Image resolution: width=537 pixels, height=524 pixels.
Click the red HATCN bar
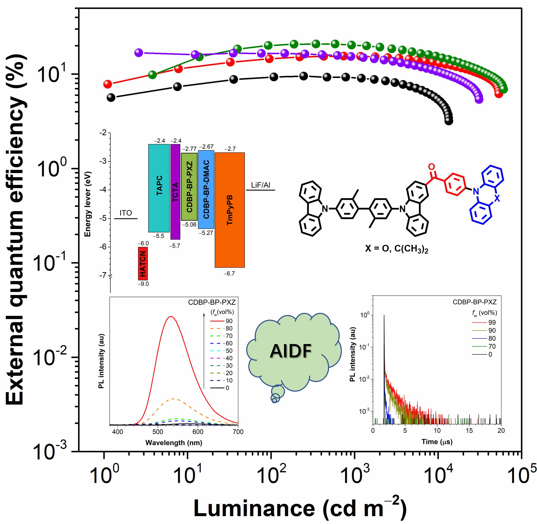point(143,263)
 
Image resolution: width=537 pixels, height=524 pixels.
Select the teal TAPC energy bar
point(159,188)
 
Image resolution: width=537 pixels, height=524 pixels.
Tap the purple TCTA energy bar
point(175,192)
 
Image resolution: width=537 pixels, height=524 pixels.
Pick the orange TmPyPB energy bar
point(230,210)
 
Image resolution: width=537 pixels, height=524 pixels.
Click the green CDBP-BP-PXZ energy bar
point(189,187)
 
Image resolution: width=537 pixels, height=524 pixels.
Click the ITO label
point(126,213)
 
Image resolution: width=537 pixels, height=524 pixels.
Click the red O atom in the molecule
point(431,167)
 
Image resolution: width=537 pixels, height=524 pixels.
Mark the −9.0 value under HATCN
point(143,284)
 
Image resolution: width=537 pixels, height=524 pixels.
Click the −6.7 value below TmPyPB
point(229,274)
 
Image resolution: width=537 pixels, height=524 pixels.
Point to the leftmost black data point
point(111,98)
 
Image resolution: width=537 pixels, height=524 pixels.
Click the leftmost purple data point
point(139,52)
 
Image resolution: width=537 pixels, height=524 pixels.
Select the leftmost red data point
point(107,84)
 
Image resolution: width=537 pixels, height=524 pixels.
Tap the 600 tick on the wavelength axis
point(198,432)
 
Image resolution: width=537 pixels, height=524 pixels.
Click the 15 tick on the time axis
point(469,430)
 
